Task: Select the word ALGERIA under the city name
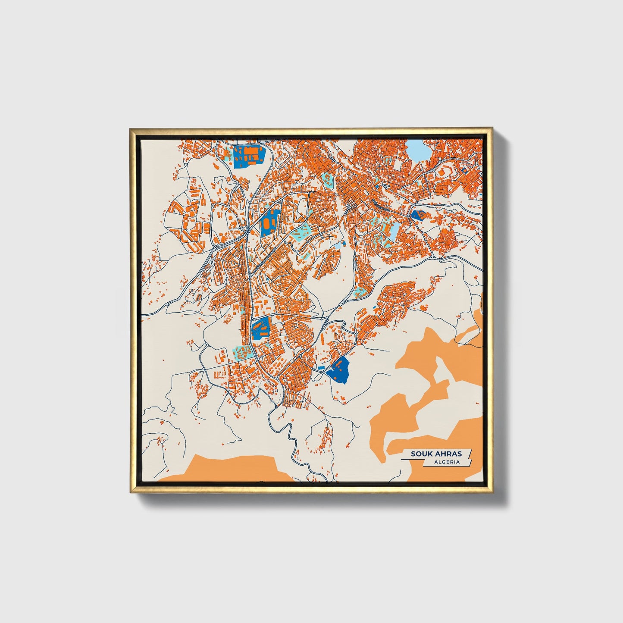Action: coord(447,462)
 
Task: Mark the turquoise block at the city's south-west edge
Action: coord(242,351)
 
